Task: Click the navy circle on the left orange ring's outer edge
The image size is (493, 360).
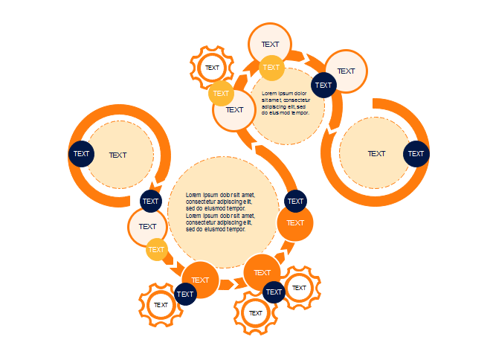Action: coord(82,154)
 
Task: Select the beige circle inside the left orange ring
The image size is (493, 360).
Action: coord(119,155)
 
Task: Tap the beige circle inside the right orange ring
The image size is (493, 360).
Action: coord(376,153)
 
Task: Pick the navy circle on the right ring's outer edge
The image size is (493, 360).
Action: coord(416,154)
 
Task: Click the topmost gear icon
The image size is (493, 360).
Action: coord(213,68)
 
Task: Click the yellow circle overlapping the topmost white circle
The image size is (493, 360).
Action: coord(271,68)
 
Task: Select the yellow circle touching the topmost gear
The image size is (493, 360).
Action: coord(221,94)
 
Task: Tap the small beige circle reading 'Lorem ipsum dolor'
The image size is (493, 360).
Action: coord(286,104)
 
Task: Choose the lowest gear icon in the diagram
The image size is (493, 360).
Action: coord(256,313)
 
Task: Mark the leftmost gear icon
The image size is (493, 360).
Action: coord(161,305)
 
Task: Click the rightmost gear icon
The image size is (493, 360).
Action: coord(300,288)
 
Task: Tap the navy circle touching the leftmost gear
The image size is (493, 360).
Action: coord(185,295)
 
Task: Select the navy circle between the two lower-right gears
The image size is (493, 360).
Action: coord(274,292)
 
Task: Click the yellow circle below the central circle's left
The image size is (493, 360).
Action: coord(156,250)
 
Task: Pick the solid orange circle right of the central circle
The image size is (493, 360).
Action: coord(295,223)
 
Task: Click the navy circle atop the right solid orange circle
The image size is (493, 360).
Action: coord(296,201)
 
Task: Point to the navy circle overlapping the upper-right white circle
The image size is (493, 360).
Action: coord(323,85)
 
